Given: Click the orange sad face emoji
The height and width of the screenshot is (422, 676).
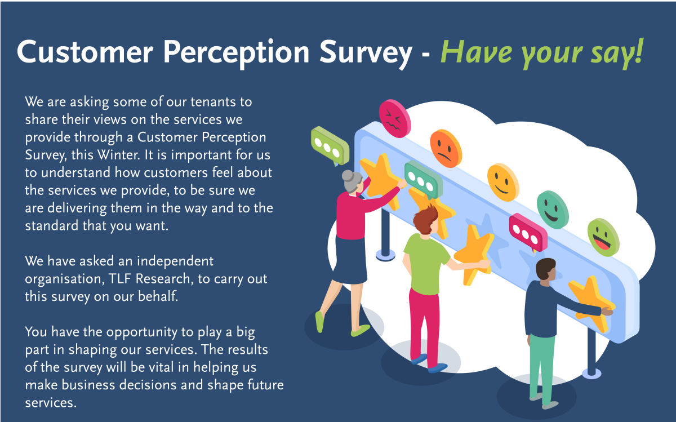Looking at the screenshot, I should (x=446, y=148).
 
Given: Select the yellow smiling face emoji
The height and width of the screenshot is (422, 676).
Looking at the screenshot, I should (x=502, y=182).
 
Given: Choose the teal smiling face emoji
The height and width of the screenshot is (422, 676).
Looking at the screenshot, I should (x=552, y=209).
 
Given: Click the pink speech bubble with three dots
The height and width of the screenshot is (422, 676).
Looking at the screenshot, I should (x=528, y=231).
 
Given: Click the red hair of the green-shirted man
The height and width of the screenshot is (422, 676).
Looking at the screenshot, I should (x=426, y=216).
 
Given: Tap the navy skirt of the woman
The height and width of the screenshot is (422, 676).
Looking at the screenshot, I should (x=350, y=260).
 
